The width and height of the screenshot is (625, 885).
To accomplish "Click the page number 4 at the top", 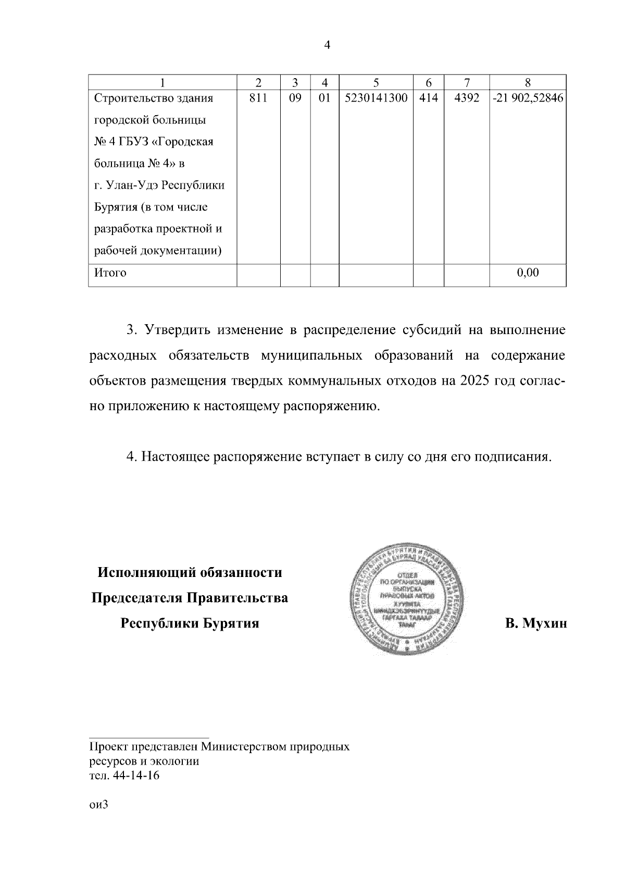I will tap(327, 45).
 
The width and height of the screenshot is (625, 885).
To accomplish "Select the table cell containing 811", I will tap(258, 98).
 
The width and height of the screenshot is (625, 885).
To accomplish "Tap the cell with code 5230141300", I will tap(376, 98).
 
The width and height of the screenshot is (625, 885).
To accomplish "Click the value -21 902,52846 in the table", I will tap(528, 98).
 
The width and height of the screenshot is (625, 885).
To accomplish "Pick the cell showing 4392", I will tap(467, 98).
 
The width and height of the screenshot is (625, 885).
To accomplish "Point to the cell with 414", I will tap(428, 98).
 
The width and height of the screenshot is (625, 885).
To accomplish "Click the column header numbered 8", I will tap(528, 82).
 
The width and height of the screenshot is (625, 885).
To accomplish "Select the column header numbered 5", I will tap(376, 82).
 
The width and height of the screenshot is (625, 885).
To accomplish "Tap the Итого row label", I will tap(110, 273).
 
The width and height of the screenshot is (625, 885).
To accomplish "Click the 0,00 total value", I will tap(528, 273).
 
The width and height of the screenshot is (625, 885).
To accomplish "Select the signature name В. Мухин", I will tap(535, 623).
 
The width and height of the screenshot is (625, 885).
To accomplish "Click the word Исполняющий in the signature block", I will tap(144, 573).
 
